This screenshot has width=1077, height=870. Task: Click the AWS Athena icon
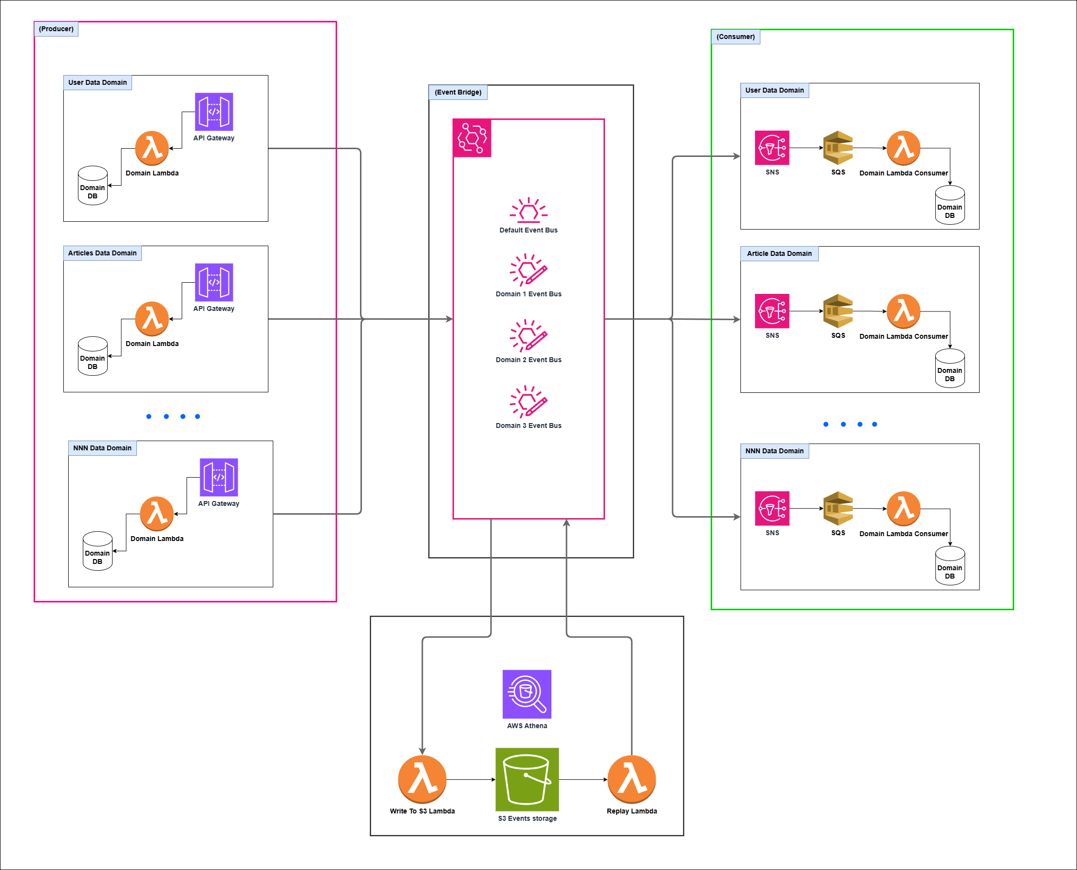coord(527,694)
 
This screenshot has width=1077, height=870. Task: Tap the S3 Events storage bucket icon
coord(527,779)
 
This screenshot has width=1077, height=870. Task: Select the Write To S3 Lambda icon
coord(422,779)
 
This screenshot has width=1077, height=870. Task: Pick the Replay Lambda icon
coord(631,779)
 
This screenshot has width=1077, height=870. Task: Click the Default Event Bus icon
coord(529,210)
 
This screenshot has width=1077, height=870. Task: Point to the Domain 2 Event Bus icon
coord(529,335)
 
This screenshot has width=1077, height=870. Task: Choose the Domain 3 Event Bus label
coord(529,425)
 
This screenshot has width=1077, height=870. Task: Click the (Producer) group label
coord(56,29)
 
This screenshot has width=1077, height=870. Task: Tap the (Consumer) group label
coord(736,37)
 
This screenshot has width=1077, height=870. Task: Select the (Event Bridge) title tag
coord(458,92)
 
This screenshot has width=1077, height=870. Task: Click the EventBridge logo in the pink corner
coord(472,138)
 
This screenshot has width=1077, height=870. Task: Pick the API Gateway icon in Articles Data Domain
coord(214,282)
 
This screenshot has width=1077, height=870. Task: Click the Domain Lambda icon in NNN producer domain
coord(157,514)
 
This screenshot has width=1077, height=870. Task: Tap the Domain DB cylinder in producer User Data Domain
coord(93,186)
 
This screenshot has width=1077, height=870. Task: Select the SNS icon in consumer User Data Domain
coord(772,148)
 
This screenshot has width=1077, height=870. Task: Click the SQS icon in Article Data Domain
coord(838,311)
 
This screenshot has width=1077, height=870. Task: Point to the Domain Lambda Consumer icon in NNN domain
coord(904,509)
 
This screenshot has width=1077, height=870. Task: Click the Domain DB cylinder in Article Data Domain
coord(950,369)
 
